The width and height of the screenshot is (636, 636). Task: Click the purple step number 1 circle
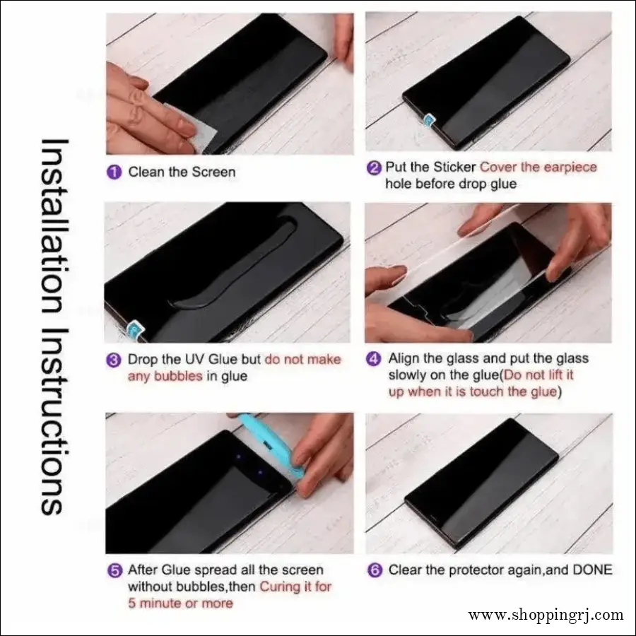pyautogui.click(x=114, y=172)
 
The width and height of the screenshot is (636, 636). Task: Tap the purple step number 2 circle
pyautogui.click(x=374, y=167)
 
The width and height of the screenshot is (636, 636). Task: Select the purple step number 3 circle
pyautogui.click(x=114, y=360)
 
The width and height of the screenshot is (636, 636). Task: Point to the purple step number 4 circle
pyautogui.click(x=374, y=359)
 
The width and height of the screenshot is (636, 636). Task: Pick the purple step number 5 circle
pyautogui.click(x=114, y=570)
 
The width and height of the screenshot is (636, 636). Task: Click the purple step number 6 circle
pyautogui.click(x=374, y=570)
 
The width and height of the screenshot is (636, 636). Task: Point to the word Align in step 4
pyautogui.click(x=405, y=359)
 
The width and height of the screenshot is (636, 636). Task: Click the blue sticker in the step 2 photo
pyautogui.click(x=428, y=122)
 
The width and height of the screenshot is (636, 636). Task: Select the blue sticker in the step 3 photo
pyautogui.click(x=133, y=329)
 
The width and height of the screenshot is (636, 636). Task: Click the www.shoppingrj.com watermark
pyautogui.click(x=546, y=615)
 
